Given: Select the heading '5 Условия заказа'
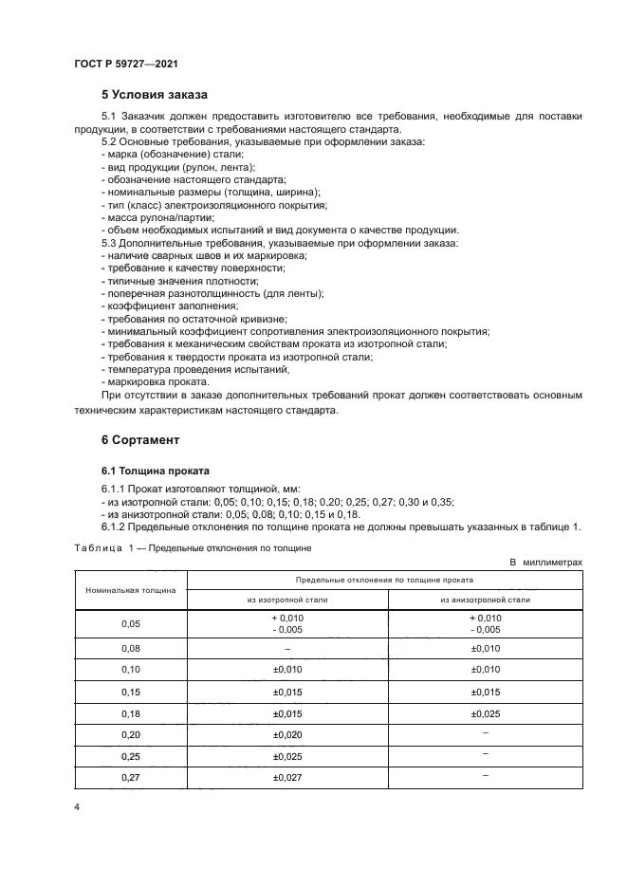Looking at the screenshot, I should click(156, 95).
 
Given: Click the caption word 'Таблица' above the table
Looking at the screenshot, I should click(96, 547).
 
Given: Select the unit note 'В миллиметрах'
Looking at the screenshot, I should click(545, 563).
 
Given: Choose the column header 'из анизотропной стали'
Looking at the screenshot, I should click(484, 599).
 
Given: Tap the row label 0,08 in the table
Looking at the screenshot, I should click(130, 648).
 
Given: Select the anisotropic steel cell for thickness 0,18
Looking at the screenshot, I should click(484, 712).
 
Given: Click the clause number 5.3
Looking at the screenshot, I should click(110, 244).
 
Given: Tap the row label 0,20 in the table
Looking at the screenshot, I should click(130, 734).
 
